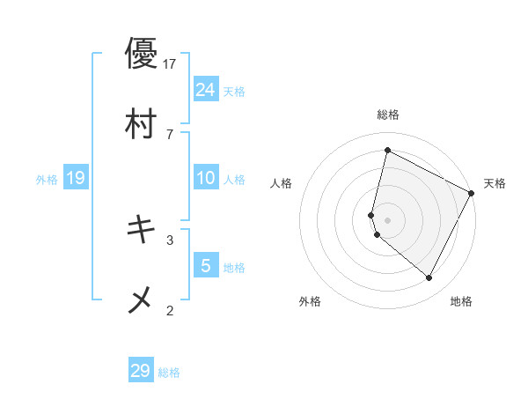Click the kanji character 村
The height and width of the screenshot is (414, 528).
(141, 124)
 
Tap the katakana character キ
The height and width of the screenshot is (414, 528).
(141, 230)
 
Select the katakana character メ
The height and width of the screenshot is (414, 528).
(141, 300)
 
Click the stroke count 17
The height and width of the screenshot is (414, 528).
(171, 63)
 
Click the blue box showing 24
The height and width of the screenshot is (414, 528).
(206, 89)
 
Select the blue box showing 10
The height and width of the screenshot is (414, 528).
(206, 178)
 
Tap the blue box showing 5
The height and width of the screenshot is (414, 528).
(206, 265)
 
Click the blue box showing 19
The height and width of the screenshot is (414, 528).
(76, 178)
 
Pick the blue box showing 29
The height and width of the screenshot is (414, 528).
(141, 371)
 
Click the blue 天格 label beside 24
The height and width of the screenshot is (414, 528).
(234, 91)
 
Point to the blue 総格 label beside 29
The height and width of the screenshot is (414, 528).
(169, 373)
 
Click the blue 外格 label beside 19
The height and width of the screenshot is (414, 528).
(47, 180)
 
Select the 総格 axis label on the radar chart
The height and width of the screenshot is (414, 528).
(387, 115)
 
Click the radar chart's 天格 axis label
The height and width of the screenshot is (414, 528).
(495, 183)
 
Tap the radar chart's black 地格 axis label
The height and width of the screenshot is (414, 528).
(461, 302)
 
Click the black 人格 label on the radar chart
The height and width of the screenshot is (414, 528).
(281, 183)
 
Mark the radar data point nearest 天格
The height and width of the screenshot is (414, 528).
(472, 193)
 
